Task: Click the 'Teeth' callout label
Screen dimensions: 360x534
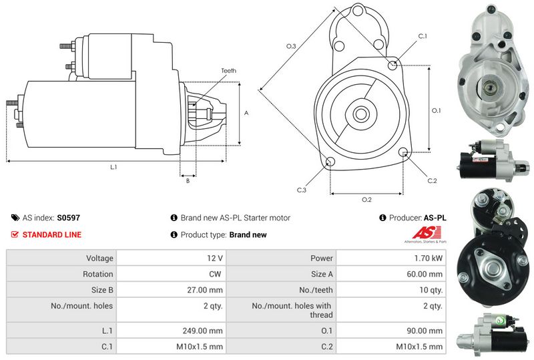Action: [228, 71]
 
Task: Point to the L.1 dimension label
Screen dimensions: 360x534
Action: [114, 166]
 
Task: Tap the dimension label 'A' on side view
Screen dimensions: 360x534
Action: [246, 114]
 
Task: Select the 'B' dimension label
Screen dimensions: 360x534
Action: [188, 181]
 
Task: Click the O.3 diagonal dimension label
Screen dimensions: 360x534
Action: [291, 46]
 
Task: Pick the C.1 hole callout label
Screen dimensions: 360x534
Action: [423, 36]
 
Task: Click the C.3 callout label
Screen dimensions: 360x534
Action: [302, 190]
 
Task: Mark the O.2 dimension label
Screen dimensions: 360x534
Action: [366, 200]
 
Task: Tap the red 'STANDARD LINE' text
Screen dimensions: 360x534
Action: [52, 235]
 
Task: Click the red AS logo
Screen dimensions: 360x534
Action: [423, 233]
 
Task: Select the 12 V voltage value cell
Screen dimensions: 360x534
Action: [216, 258]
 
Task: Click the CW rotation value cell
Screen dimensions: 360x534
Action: [216, 274]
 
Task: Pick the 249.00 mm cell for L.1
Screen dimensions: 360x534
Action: [206, 331]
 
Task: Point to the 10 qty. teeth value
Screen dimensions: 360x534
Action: [431, 290]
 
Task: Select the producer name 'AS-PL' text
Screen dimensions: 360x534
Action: [435, 218]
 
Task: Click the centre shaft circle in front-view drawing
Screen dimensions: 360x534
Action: [361, 113]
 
